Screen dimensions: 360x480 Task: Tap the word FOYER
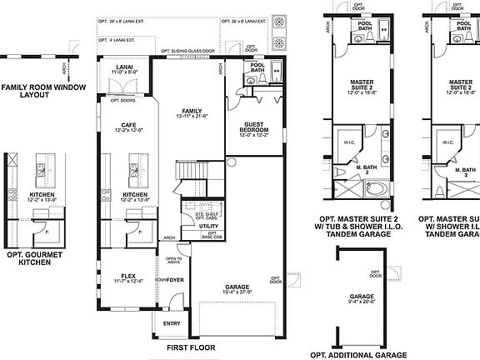[175, 281]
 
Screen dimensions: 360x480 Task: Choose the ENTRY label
[172, 323]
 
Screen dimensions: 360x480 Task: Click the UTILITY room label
[208, 226]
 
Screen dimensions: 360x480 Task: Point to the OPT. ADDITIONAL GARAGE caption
[362, 354]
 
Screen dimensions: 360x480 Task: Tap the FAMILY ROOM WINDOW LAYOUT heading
[36, 91]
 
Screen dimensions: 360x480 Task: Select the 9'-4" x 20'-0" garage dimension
[362, 303]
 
